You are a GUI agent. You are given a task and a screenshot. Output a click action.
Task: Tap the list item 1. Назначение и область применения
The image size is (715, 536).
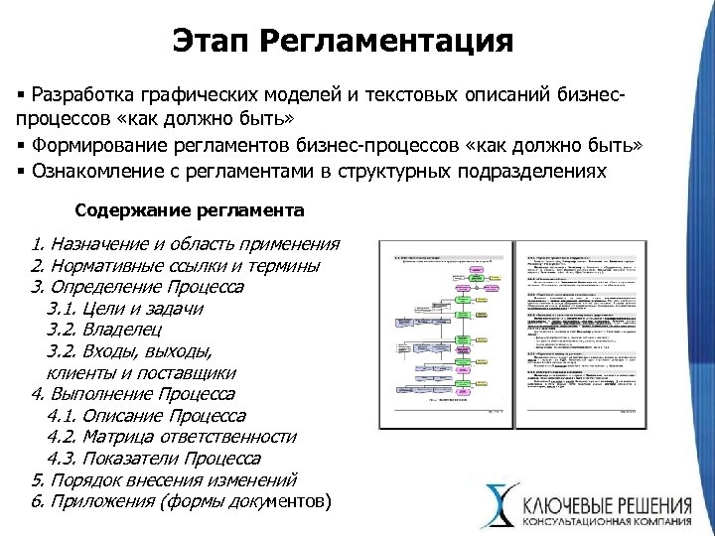(x=185, y=244)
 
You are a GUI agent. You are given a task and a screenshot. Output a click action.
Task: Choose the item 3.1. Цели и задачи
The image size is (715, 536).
(x=125, y=309)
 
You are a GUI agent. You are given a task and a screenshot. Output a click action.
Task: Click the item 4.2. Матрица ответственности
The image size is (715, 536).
(x=172, y=437)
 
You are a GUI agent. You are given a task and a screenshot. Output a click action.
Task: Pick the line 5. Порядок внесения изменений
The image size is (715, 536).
(x=166, y=479)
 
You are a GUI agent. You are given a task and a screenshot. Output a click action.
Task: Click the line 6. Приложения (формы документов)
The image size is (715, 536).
(x=183, y=501)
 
